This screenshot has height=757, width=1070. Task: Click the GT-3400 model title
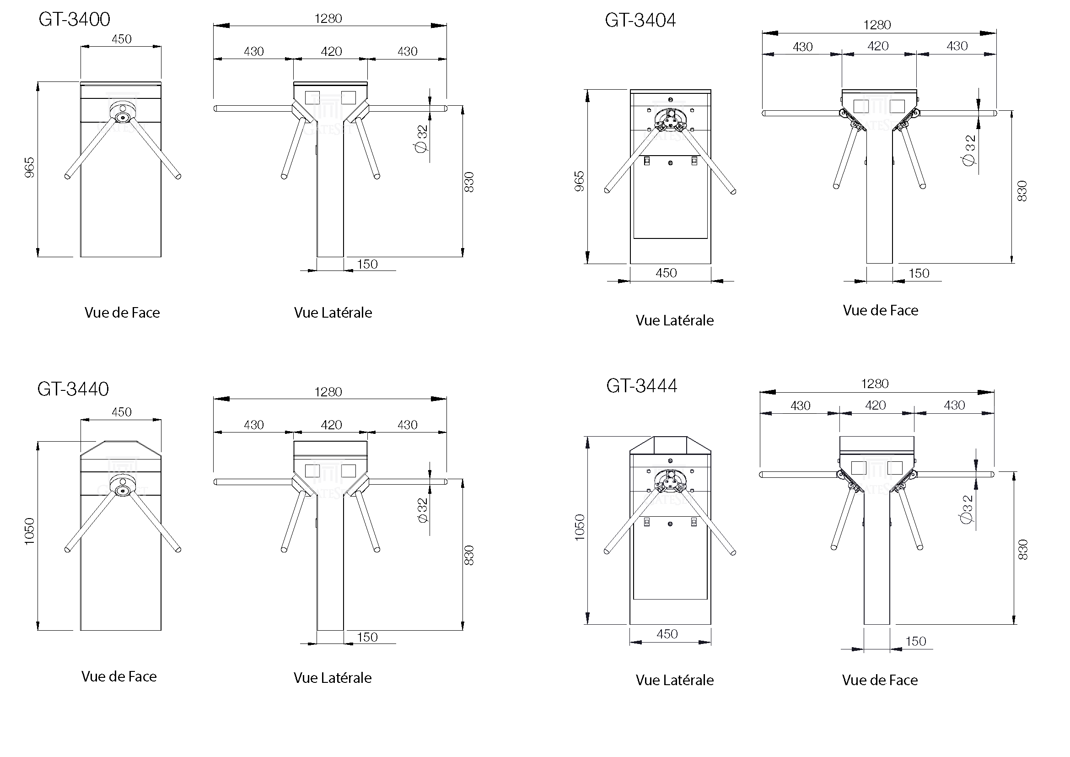[x=74, y=20]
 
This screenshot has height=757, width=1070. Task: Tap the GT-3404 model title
[x=640, y=21]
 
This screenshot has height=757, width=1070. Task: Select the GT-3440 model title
[x=73, y=389]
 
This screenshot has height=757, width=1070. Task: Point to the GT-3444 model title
[x=641, y=386]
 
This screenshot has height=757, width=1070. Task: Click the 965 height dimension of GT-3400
[x=29, y=168]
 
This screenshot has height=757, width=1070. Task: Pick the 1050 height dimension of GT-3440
[x=29, y=531]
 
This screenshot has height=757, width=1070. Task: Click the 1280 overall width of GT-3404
[x=876, y=25]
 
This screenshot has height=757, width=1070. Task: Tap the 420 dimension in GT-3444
[x=875, y=406]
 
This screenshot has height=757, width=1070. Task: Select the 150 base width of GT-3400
[x=367, y=264]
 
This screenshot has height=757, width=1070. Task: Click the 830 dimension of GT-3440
[x=469, y=555]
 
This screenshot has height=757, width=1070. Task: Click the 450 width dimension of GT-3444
[x=667, y=634]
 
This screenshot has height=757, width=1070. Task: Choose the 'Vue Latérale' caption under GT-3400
[x=333, y=313]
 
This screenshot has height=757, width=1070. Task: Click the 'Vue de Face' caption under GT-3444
[x=879, y=680]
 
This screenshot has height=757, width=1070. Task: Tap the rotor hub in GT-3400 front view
[x=123, y=113]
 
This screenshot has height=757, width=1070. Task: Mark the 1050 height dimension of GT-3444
[x=579, y=527]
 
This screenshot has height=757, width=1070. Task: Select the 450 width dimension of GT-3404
[x=666, y=273]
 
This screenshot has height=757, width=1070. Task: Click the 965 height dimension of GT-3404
[x=579, y=181]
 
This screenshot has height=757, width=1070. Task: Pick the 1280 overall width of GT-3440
[x=328, y=392]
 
